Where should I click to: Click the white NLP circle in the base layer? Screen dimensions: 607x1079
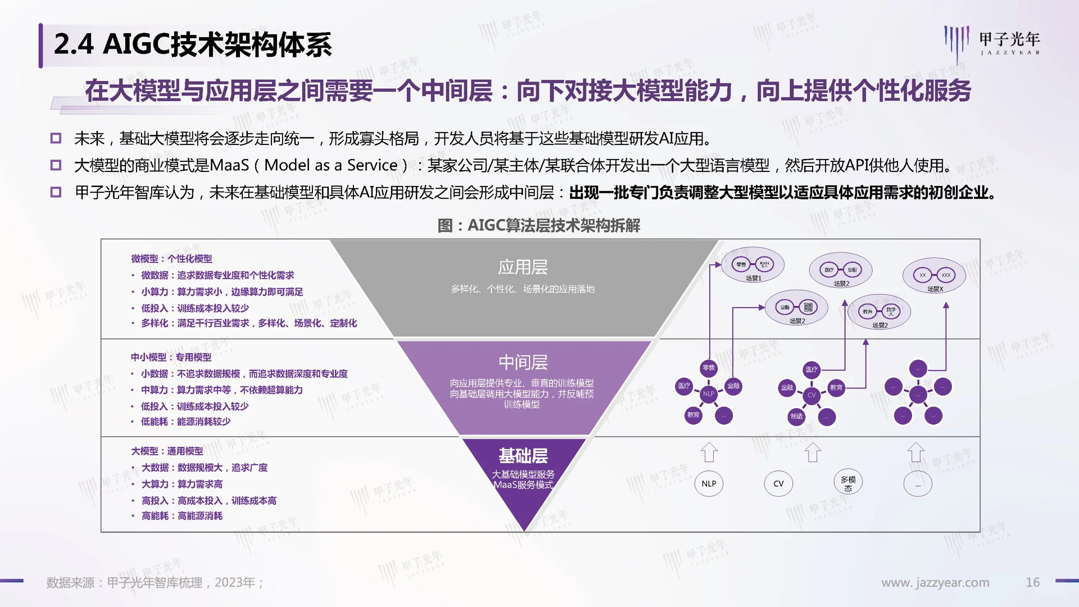tap(709, 483)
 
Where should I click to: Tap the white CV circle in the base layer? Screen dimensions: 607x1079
tap(778, 483)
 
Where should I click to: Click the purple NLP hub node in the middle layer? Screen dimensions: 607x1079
tap(709, 393)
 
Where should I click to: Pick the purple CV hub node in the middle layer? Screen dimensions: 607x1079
tap(811, 395)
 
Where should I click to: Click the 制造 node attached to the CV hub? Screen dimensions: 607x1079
tap(796, 416)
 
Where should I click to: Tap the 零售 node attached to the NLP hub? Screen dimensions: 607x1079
tap(709, 368)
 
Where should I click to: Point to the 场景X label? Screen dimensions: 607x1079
tap(935, 289)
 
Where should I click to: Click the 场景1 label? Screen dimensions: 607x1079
tap(753, 278)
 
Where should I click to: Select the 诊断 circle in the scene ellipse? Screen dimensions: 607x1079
tap(853, 270)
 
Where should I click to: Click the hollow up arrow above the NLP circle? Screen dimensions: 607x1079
tap(709, 452)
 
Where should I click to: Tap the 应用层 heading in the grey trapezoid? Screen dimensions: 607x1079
tap(523, 267)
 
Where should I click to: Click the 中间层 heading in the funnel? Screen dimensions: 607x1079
tap(523, 363)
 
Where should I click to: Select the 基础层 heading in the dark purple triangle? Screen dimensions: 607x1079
tap(523, 456)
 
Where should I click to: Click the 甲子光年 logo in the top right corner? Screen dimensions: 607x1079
tap(992, 42)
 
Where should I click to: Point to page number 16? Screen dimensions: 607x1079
tap(1032, 582)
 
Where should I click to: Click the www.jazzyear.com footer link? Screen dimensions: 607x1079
tap(935, 582)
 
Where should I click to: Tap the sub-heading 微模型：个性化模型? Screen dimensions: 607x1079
tap(171, 259)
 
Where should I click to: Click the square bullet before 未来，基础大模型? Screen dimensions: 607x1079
tap(56, 138)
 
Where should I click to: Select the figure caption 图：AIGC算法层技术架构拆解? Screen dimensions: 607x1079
tap(538, 225)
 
